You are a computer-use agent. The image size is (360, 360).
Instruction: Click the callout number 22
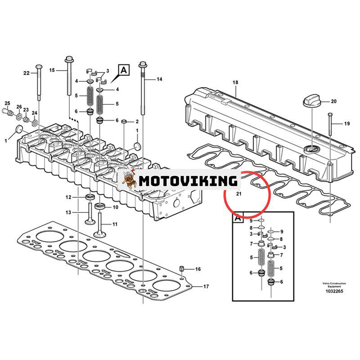(27, 73)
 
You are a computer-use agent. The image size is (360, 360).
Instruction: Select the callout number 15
(52, 70)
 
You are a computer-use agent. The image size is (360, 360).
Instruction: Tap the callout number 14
(159, 79)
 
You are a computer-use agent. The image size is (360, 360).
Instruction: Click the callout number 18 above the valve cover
(234, 82)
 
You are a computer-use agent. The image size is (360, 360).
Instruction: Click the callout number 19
(346, 123)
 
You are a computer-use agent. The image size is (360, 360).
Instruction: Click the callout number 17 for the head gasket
(206, 286)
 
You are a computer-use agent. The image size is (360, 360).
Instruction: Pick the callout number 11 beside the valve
(115, 224)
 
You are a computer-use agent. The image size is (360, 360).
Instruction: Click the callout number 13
(68, 212)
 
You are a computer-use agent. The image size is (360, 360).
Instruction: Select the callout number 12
(68, 197)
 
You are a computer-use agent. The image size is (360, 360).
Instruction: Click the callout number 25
(7, 103)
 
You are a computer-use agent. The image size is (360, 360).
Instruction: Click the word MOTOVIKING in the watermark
(188, 181)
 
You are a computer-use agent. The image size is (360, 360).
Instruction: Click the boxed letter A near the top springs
(124, 70)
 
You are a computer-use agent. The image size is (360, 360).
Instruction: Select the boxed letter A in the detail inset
(238, 218)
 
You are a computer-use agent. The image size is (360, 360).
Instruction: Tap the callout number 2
(137, 122)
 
